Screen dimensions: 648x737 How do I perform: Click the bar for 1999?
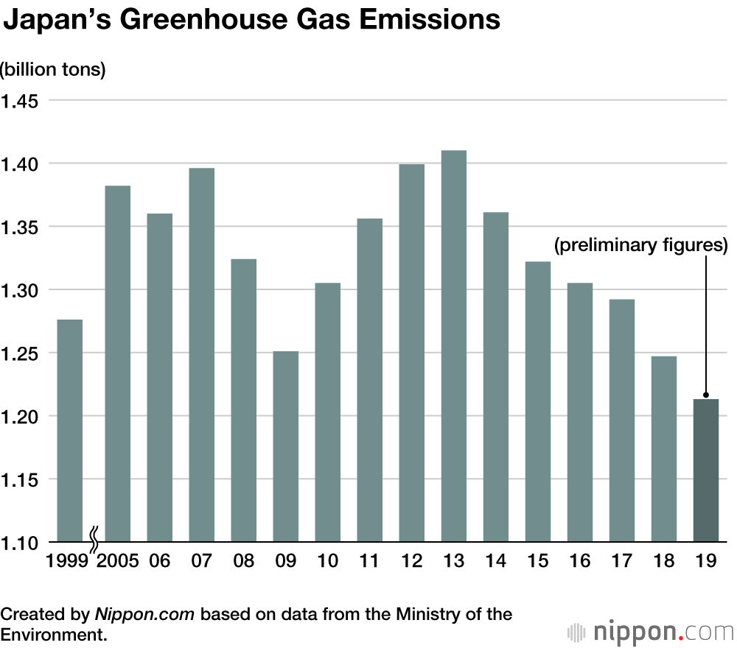point(70,431)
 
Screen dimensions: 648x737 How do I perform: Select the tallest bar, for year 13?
point(454,346)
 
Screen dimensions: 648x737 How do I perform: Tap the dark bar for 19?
point(706,471)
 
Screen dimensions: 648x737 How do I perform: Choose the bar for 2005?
point(117,364)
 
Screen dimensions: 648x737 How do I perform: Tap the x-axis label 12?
point(412,561)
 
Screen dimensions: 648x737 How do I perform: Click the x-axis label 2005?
point(117,561)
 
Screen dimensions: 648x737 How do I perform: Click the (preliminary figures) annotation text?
point(640,245)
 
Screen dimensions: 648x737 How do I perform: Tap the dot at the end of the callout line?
point(706,395)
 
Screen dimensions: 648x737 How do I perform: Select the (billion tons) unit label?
point(53,70)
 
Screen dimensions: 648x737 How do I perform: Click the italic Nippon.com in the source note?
point(145,614)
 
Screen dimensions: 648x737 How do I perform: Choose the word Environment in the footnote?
point(52,634)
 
